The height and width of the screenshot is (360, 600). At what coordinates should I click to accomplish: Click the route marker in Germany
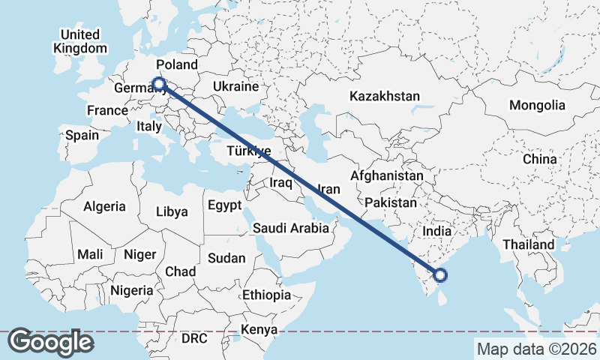(x=158, y=84)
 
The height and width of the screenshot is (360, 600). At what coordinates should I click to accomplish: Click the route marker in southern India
(x=440, y=275)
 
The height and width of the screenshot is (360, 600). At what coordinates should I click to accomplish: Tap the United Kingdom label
(x=79, y=41)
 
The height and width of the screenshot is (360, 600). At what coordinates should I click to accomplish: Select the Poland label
(x=176, y=64)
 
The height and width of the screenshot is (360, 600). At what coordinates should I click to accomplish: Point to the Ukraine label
(x=235, y=87)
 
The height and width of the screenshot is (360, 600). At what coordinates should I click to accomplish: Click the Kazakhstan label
(x=384, y=96)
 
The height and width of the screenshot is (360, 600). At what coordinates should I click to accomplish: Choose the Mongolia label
(x=537, y=105)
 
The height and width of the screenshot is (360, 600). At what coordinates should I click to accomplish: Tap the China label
(x=540, y=159)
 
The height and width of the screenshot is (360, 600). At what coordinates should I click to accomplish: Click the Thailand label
(x=528, y=244)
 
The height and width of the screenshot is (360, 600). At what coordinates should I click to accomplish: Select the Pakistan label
(x=391, y=202)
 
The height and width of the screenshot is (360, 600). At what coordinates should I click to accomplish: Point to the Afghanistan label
(x=387, y=175)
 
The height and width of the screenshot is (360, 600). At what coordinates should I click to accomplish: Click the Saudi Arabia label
(x=291, y=228)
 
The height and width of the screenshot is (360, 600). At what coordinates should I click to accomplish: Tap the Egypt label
(x=224, y=205)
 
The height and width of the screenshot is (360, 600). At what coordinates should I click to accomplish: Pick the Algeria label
(x=104, y=206)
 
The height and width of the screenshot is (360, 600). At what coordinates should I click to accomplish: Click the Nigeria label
(x=131, y=289)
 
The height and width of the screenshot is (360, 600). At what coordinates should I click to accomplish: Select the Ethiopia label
(x=266, y=295)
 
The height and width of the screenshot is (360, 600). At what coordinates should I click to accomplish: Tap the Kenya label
(x=259, y=329)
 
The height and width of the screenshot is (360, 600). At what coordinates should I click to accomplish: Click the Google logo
(x=50, y=342)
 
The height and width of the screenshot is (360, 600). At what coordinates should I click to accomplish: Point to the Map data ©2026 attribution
(x=536, y=349)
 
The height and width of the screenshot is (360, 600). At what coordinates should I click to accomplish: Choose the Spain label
(x=82, y=135)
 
